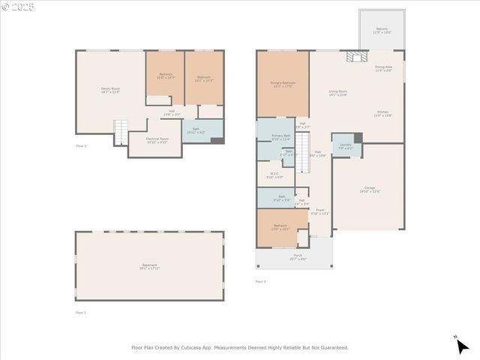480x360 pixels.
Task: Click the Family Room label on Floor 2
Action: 110,90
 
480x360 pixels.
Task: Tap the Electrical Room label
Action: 157,140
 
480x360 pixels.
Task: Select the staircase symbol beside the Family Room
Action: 120,133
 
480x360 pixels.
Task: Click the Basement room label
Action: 150,266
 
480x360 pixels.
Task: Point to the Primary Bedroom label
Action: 282,85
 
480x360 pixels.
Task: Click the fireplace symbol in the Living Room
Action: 352,57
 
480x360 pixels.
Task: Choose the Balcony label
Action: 381,30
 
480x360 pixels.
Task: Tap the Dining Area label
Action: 385,68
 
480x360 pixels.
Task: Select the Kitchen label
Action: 383,113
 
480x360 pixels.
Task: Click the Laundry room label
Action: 345,145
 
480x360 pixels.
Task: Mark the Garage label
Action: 369,189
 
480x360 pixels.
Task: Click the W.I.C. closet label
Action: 277,176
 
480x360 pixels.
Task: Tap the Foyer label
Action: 319,211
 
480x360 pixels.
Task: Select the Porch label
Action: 298,256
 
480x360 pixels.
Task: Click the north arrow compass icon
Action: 462,345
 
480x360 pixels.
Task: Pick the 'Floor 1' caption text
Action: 80,312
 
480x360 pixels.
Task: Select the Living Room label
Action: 338,93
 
